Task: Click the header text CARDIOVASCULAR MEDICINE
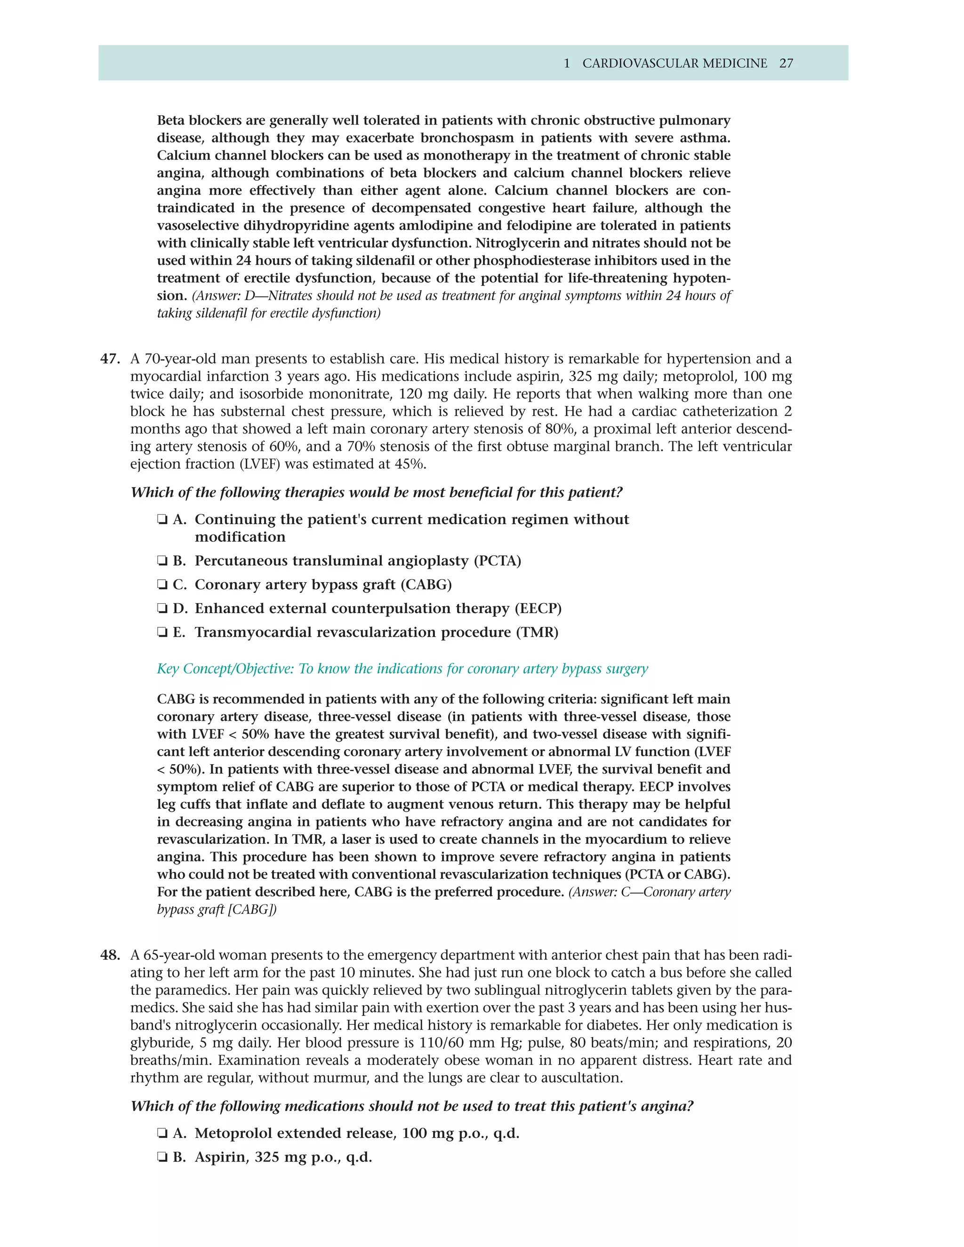click(675, 64)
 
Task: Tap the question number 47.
click(110, 359)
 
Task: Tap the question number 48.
click(110, 955)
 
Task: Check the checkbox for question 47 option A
click(162, 520)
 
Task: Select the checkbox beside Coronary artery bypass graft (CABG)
click(162, 584)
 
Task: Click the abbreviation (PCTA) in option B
click(498, 561)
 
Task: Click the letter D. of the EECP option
click(180, 608)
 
